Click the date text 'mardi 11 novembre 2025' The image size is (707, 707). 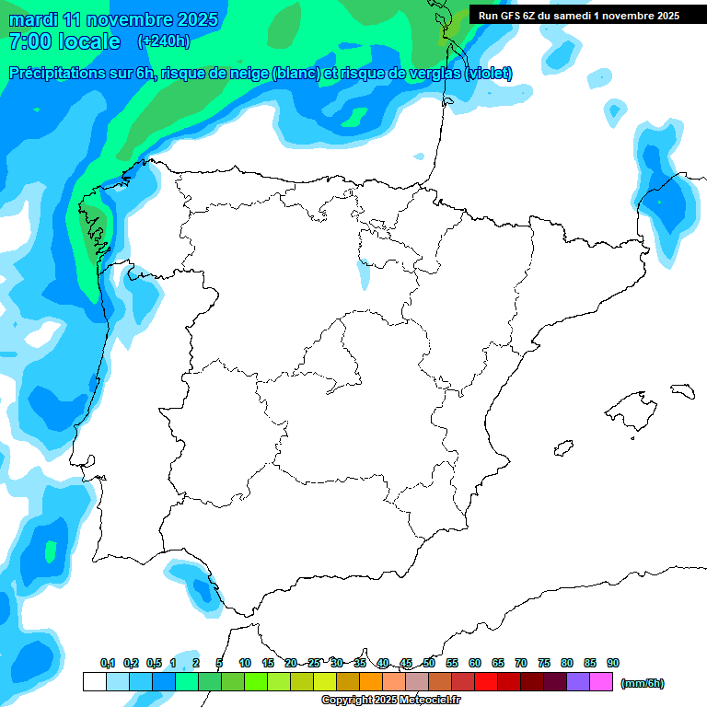[x=113, y=19]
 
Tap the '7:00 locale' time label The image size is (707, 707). [x=64, y=41]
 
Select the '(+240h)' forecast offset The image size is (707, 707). [x=163, y=41]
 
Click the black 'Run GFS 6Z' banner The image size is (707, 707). [x=579, y=15]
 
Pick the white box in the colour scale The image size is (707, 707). [x=94, y=682]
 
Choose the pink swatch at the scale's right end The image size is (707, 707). [x=601, y=682]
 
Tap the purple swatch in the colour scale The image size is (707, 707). [x=578, y=682]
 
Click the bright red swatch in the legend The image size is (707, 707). [x=486, y=682]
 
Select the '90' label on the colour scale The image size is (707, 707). [x=613, y=663]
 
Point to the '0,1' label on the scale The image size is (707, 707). [x=108, y=663]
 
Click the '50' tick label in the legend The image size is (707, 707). [x=429, y=663]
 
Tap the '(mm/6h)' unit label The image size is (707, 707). [x=643, y=683]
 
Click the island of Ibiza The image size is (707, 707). [x=564, y=448]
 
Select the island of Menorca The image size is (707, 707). [x=682, y=390]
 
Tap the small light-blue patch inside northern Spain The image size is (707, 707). [x=363, y=274]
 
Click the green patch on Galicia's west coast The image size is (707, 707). [x=97, y=236]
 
